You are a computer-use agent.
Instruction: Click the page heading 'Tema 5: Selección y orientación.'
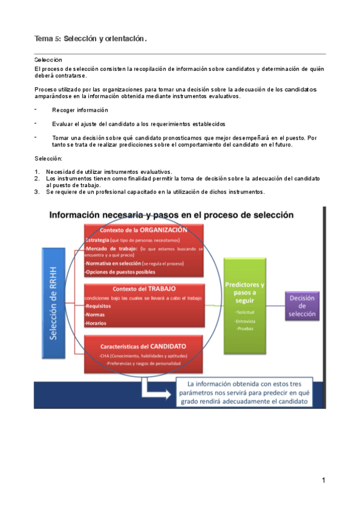pos(91,39)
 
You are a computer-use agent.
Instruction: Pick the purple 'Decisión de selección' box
pos(302,306)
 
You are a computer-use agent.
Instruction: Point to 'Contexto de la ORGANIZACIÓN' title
pos(143,230)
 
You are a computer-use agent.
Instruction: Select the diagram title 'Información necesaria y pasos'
pos(162,214)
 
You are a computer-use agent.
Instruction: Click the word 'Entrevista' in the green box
pos(245,321)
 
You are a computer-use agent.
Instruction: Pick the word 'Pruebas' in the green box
pos(245,329)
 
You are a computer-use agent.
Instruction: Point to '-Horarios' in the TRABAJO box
pos(97,323)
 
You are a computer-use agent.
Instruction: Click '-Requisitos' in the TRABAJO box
pos(99,306)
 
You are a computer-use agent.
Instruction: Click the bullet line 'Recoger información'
pos(80,110)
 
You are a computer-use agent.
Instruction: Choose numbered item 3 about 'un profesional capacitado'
pos(155,192)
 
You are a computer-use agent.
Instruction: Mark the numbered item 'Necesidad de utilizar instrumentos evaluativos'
pos(109,172)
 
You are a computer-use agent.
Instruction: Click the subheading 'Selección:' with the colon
pos(49,158)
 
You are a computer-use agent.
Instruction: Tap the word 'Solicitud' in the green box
pos(245,313)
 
